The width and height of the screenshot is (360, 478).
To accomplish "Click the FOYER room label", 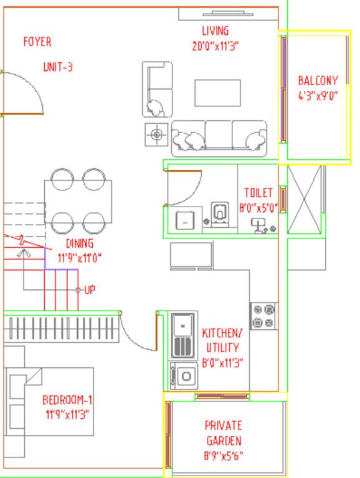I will (37, 42).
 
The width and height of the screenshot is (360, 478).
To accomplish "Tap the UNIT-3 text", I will (58, 67).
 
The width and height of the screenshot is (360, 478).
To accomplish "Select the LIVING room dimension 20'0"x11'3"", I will (216, 45).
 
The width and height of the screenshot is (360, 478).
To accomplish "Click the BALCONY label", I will (318, 81).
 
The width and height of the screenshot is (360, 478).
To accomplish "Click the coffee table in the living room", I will (217, 93).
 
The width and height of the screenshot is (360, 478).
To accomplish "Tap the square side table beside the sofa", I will (156, 134).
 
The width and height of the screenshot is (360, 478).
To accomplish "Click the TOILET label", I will (258, 193).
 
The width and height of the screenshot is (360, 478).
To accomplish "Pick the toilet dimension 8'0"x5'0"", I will (257, 209).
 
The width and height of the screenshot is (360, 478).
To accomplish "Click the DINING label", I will (80, 244).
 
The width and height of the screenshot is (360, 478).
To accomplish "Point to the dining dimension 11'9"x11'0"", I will (80, 257).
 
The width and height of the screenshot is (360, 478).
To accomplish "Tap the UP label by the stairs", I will (89, 290).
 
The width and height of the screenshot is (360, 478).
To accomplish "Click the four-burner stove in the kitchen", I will (263, 316).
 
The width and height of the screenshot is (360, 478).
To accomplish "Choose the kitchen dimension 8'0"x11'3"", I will (222, 363).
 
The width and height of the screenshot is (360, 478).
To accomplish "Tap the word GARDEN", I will (223, 441).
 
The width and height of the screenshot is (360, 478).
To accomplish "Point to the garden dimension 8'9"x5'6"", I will (223, 456).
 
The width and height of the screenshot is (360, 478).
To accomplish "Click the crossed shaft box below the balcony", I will (305, 200).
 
